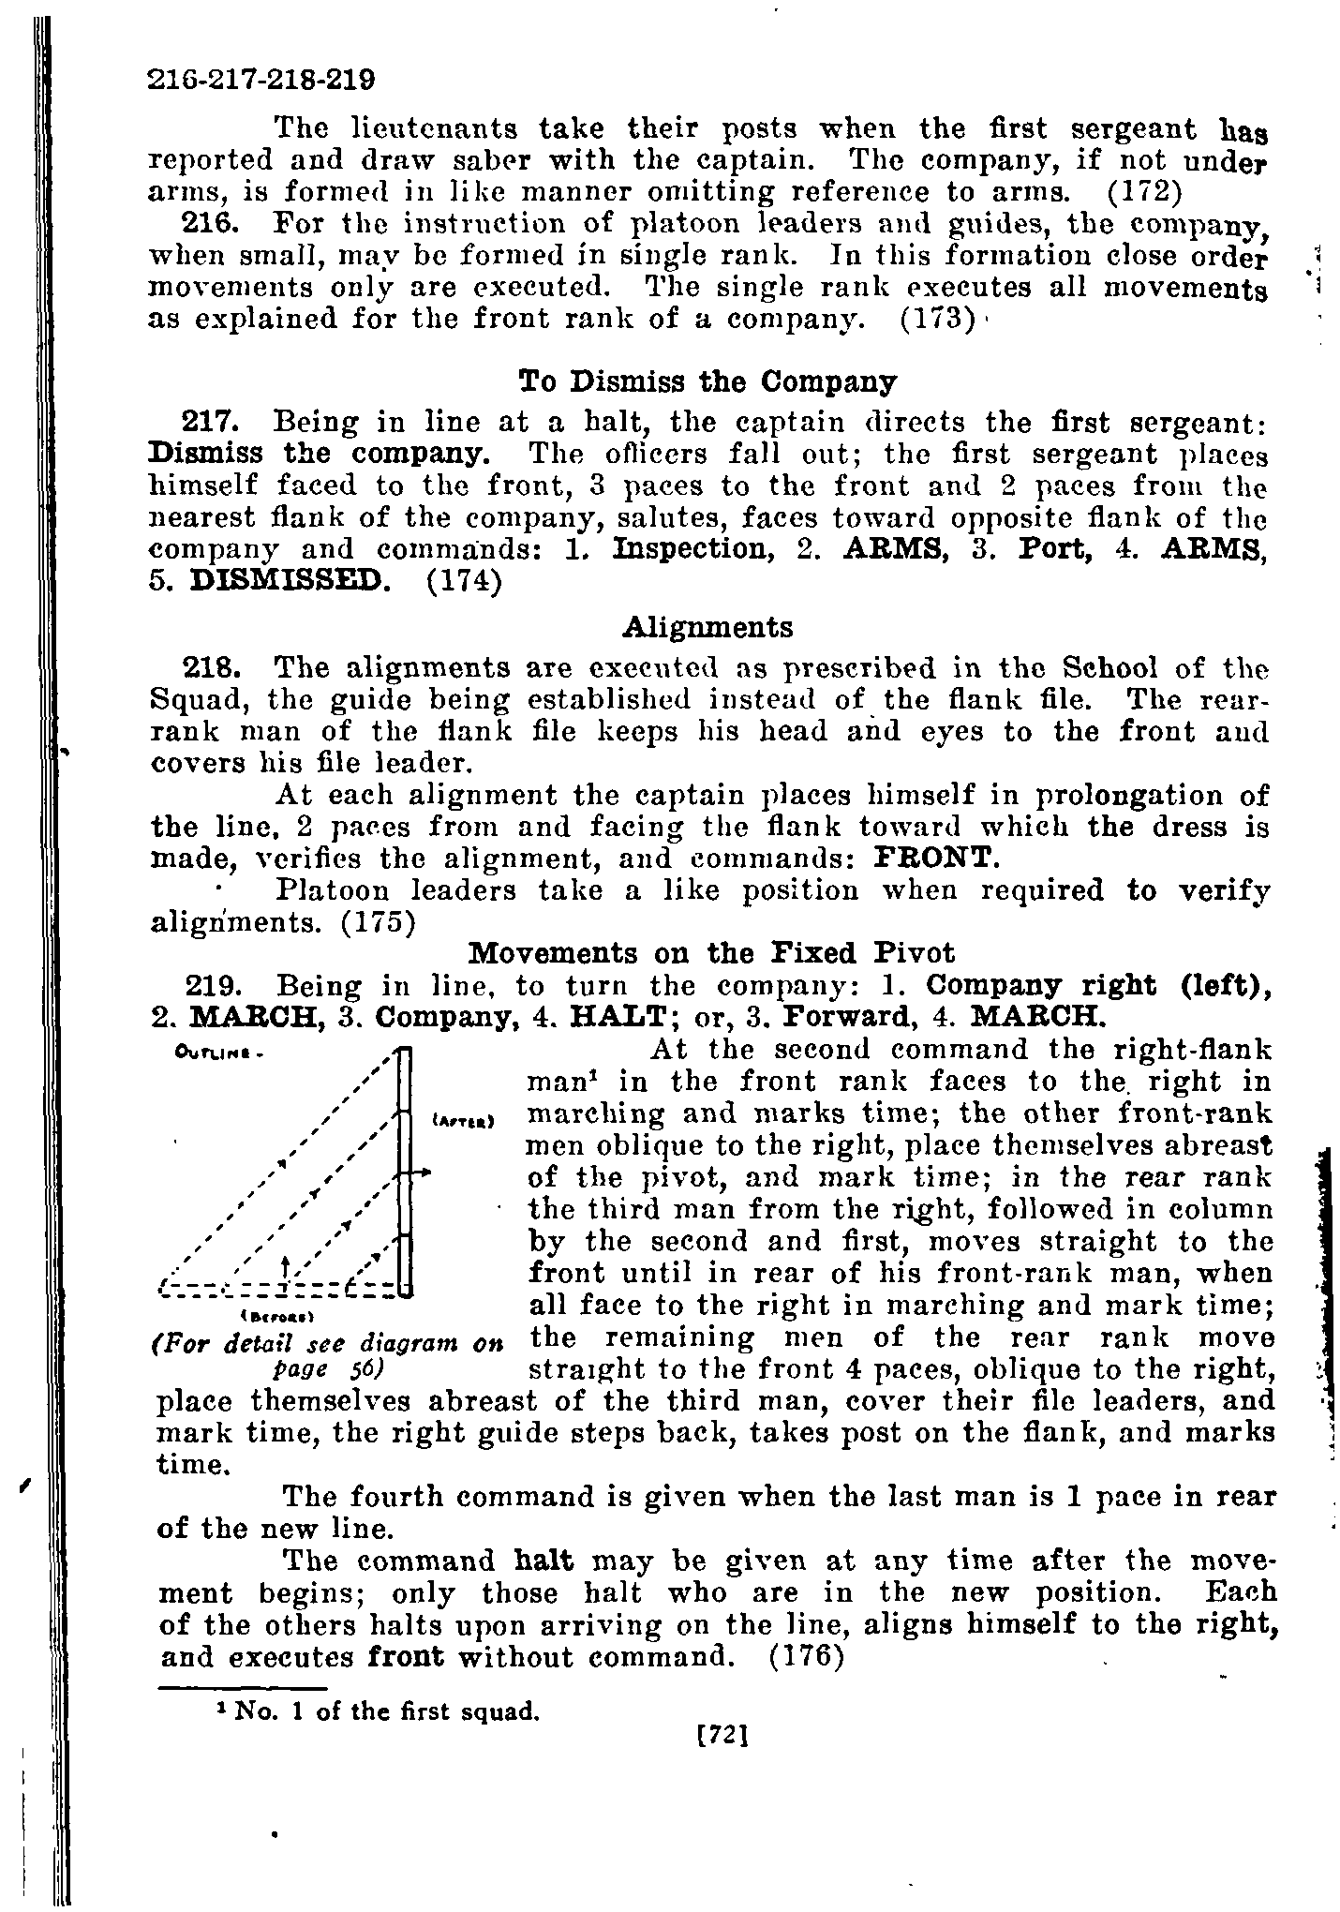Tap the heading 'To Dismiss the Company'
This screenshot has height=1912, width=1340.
(707, 382)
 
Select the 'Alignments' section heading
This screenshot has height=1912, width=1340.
(707, 626)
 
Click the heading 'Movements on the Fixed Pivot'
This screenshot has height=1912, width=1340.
(711, 953)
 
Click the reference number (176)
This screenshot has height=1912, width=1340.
(807, 1656)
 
